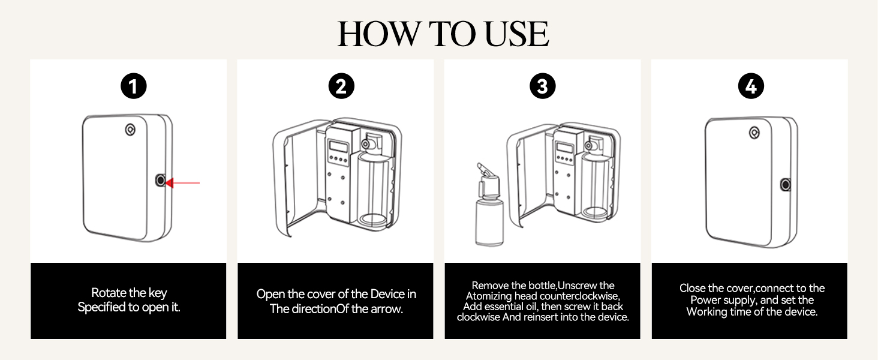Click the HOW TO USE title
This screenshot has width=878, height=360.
click(x=443, y=34)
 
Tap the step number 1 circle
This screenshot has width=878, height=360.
click(x=133, y=87)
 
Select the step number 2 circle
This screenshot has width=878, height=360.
click(x=341, y=87)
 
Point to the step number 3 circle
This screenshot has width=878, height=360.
click(x=542, y=87)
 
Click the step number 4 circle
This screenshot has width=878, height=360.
click(x=750, y=87)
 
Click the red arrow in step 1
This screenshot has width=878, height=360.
click(x=183, y=182)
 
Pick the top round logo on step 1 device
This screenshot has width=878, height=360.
click(x=130, y=129)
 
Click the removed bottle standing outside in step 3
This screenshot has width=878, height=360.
click(x=488, y=219)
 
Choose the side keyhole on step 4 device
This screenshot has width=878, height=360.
click(x=785, y=185)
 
